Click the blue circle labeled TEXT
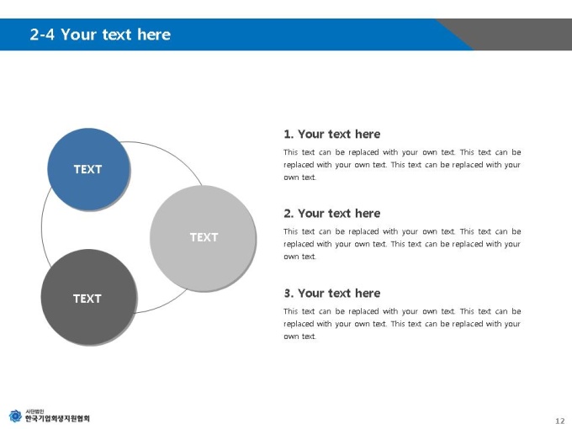(x=88, y=169)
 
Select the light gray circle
(x=203, y=238)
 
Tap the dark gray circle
(x=89, y=297)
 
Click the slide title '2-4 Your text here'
(x=100, y=34)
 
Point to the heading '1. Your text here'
(x=332, y=134)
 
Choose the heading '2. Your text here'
(x=332, y=214)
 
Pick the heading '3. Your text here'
(x=332, y=293)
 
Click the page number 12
(x=560, y=421)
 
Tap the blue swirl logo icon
(x=15, y=416)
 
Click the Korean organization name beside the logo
(x=57, y=418)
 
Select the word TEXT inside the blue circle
(x=87, y=169)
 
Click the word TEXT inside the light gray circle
(x=204, y=237)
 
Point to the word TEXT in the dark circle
(x=87, y=299)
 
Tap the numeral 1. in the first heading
(x=289, y=135)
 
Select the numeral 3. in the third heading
(x=289, y=294)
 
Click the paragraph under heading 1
(x=402, y=165)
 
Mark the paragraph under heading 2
(x=402, y=244)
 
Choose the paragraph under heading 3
(x=402, y=324)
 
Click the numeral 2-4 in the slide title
(x=42, y=34)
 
